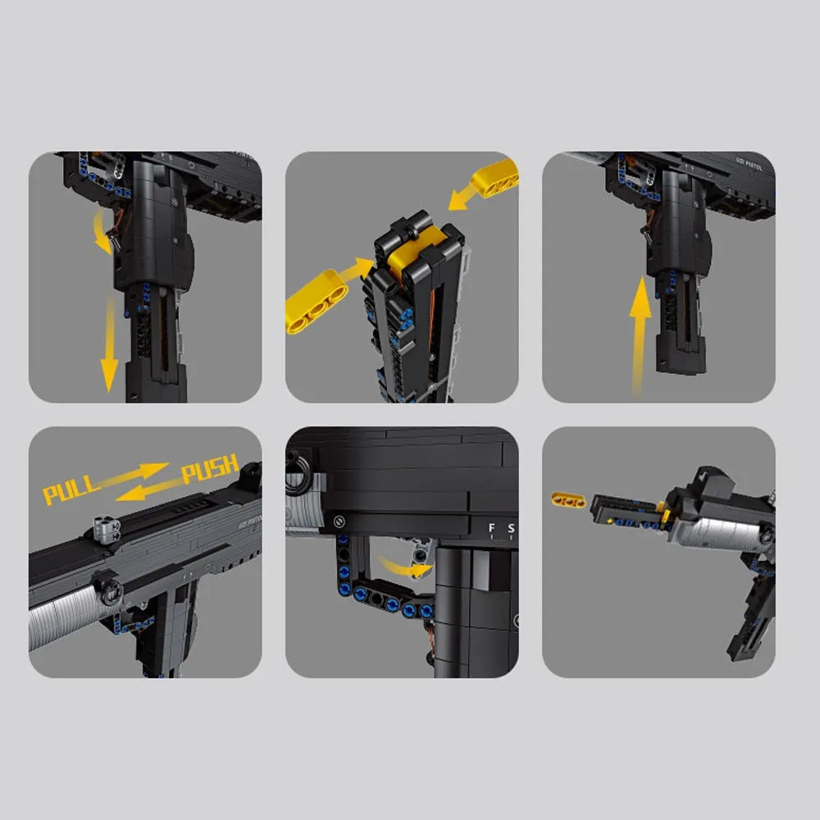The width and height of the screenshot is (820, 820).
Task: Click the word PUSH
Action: (209, 469)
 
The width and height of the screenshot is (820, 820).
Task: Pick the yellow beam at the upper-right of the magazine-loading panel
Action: (497, 179)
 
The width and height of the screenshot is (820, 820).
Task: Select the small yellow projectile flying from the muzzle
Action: (567, 499)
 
